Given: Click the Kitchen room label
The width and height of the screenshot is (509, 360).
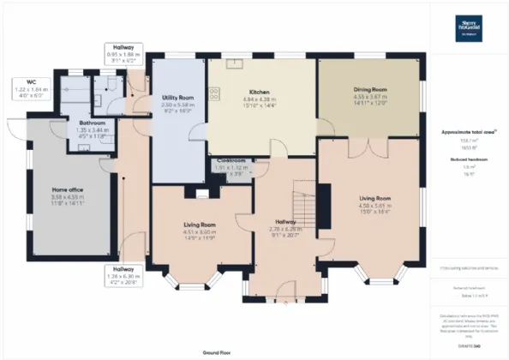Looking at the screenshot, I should click(x=260, y=92).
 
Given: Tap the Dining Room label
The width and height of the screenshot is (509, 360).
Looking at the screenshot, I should click(x=371, y=89).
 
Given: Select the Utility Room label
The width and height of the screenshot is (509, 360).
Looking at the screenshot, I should click(x=177, y=99).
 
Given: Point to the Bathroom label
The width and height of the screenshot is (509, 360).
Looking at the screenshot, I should click(x=91, y=123).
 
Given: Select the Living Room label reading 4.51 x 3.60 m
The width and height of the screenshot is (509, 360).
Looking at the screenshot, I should click(x=200, y=225).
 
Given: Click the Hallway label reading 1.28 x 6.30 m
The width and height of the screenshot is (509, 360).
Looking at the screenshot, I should click(x=123, y=269).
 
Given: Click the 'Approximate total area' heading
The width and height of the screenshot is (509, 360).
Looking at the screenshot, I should click(x=470, y=131).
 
